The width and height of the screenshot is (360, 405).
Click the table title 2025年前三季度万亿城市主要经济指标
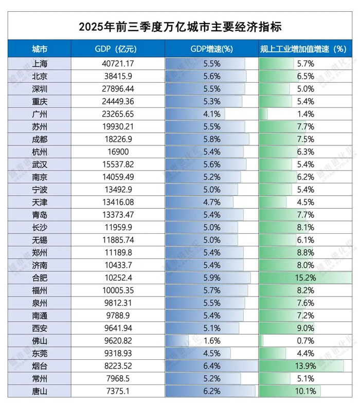(x=180, y=26)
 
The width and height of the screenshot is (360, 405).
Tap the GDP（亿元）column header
(x=118, y=49)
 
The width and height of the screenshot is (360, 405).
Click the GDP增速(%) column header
(x=211, y=49)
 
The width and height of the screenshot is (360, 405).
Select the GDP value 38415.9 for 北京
(x=118, y=76)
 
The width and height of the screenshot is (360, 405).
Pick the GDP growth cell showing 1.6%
(x=211, y=340)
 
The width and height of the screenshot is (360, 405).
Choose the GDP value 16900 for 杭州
(x=118, y=152)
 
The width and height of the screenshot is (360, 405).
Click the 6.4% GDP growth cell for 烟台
(x=211, y=365)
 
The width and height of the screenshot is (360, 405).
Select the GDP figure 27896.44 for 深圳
(x=118, y=88)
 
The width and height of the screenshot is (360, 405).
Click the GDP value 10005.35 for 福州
(x=118, y=290)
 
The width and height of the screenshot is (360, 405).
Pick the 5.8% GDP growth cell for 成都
(x=211, y=139)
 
